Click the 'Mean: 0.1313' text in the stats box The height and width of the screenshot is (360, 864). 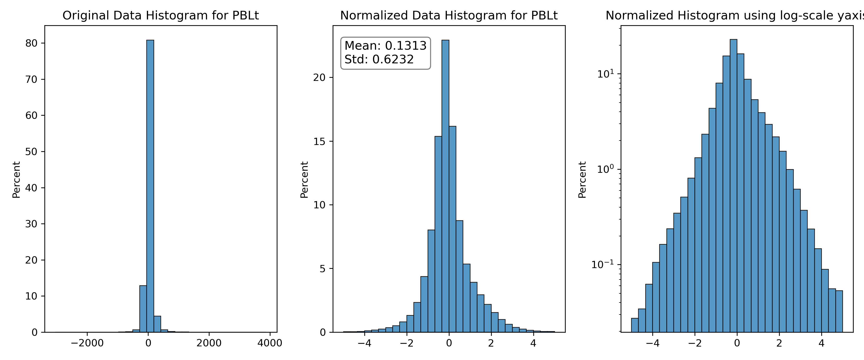[x=385, y=45]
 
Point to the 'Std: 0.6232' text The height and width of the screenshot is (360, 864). [x=379, y=59]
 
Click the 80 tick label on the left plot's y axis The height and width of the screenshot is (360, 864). [x=31, y=43]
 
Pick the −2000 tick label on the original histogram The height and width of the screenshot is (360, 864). [x=87, y=343]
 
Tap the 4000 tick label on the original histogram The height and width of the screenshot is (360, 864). [x=270, y=343]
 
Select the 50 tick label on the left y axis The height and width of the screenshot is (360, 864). [x=31, y=152]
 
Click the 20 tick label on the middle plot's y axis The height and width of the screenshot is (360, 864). [x=319, y=78]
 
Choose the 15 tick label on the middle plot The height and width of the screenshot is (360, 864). [x=319, y=141]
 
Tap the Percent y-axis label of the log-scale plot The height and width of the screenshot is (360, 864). [x=582, y=180]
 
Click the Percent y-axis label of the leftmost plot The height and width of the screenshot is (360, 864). [x=16, y=180]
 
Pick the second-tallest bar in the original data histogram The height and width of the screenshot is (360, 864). [x=143, y=309]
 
